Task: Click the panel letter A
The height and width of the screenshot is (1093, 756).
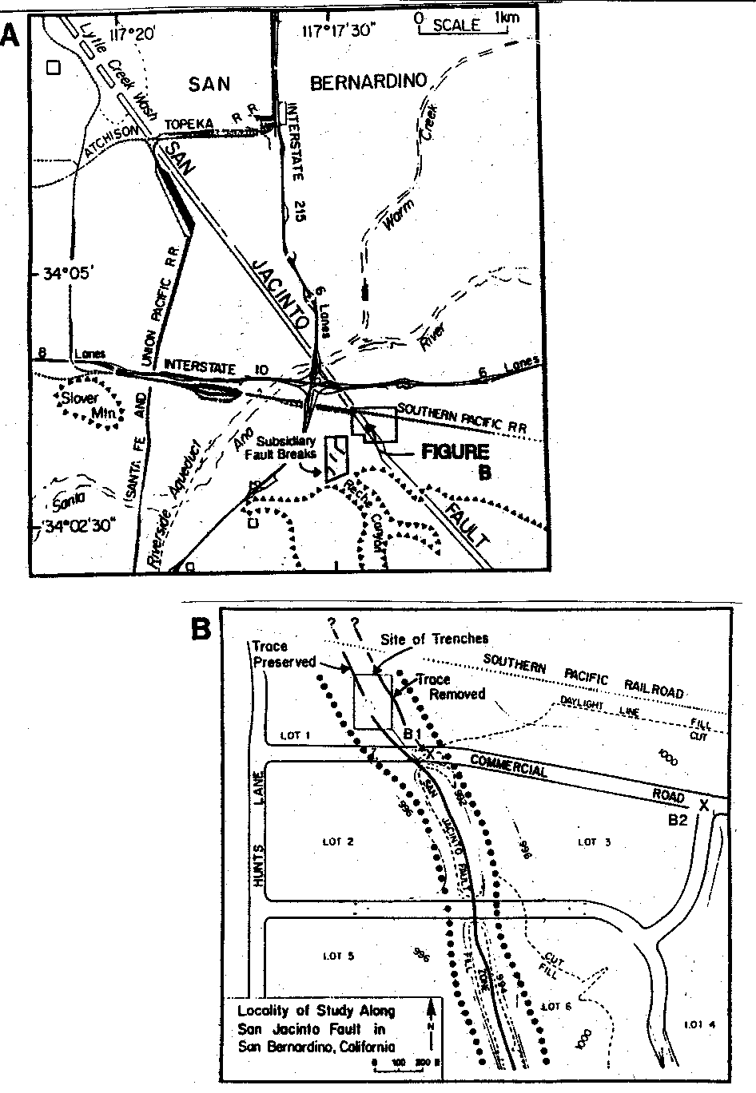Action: coord(11,37)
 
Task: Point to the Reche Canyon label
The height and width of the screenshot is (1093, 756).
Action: coord(360,514)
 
